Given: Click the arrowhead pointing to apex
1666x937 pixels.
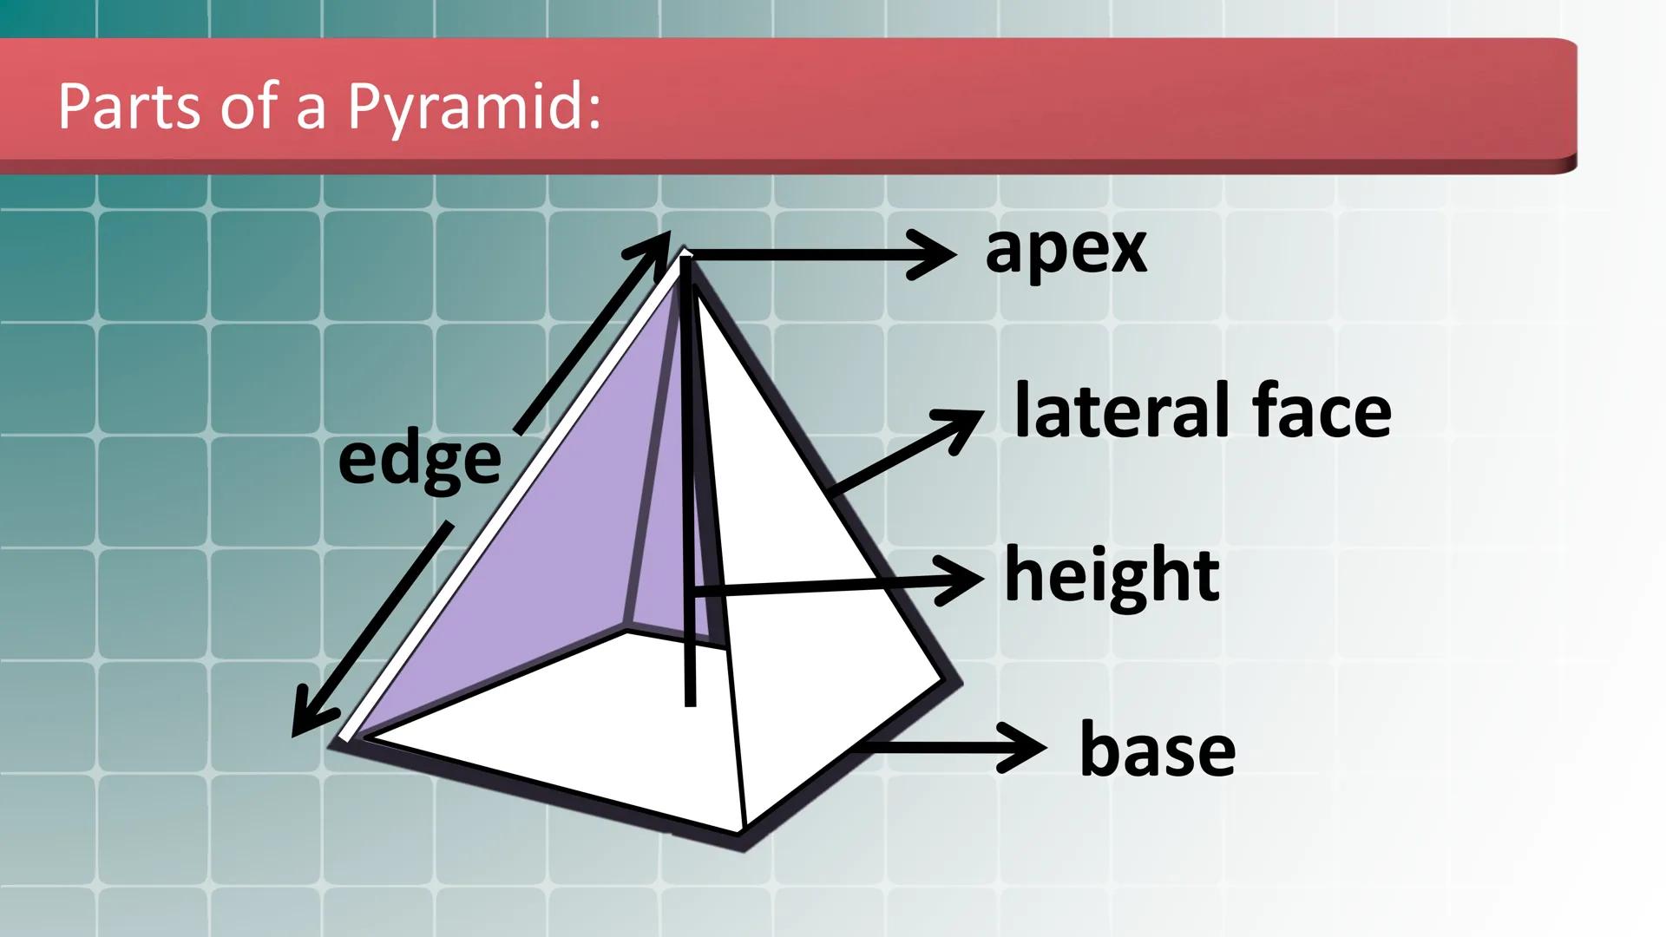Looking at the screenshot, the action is point(932,254).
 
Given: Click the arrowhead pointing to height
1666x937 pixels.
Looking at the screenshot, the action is point(961,580).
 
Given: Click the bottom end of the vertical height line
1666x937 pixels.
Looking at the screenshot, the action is point(691,704).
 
